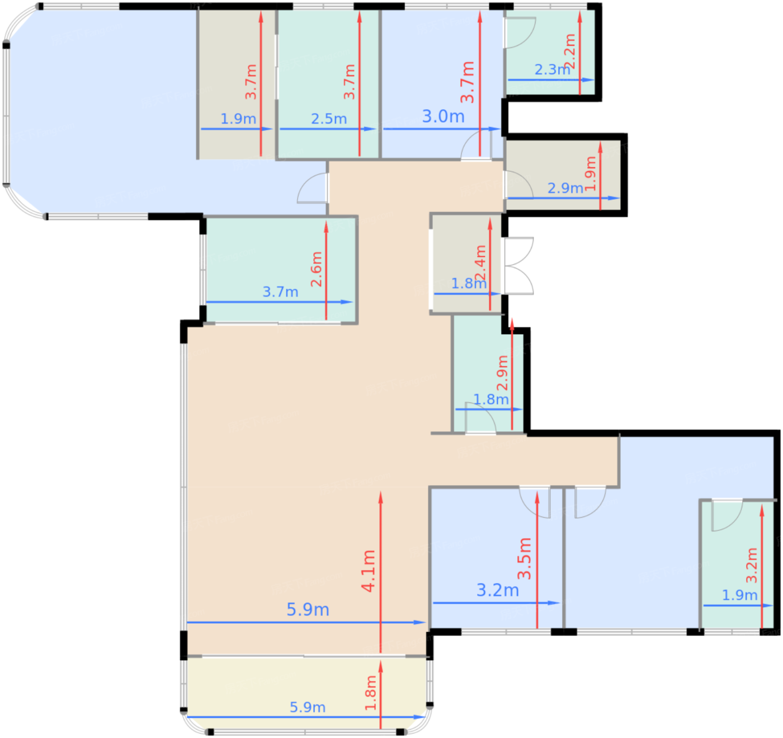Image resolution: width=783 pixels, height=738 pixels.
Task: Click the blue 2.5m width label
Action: (329, 119)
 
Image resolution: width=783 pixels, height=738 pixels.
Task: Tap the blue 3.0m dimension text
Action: (443, 116)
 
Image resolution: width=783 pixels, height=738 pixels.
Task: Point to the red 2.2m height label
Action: (570, 51)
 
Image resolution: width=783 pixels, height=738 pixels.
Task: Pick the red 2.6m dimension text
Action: (316, 269)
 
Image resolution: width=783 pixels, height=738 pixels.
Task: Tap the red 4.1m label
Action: (368, 571)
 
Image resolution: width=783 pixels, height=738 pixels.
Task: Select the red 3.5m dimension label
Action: (525, 558)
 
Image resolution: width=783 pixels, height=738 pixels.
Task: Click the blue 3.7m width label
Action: (280, 292)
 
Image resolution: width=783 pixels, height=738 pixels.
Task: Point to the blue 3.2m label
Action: (498, 590)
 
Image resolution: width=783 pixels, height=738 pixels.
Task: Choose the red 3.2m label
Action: (752, 565)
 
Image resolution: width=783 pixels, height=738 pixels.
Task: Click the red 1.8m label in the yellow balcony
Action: (371, 693)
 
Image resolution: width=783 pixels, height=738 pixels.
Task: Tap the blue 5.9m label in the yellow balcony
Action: (308, 707)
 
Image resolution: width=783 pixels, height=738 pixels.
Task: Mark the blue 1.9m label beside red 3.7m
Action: (238, 119)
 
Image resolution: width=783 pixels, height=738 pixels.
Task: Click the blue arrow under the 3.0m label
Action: (442, 129)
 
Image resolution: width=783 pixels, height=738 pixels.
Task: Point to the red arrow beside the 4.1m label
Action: (380, 572)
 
